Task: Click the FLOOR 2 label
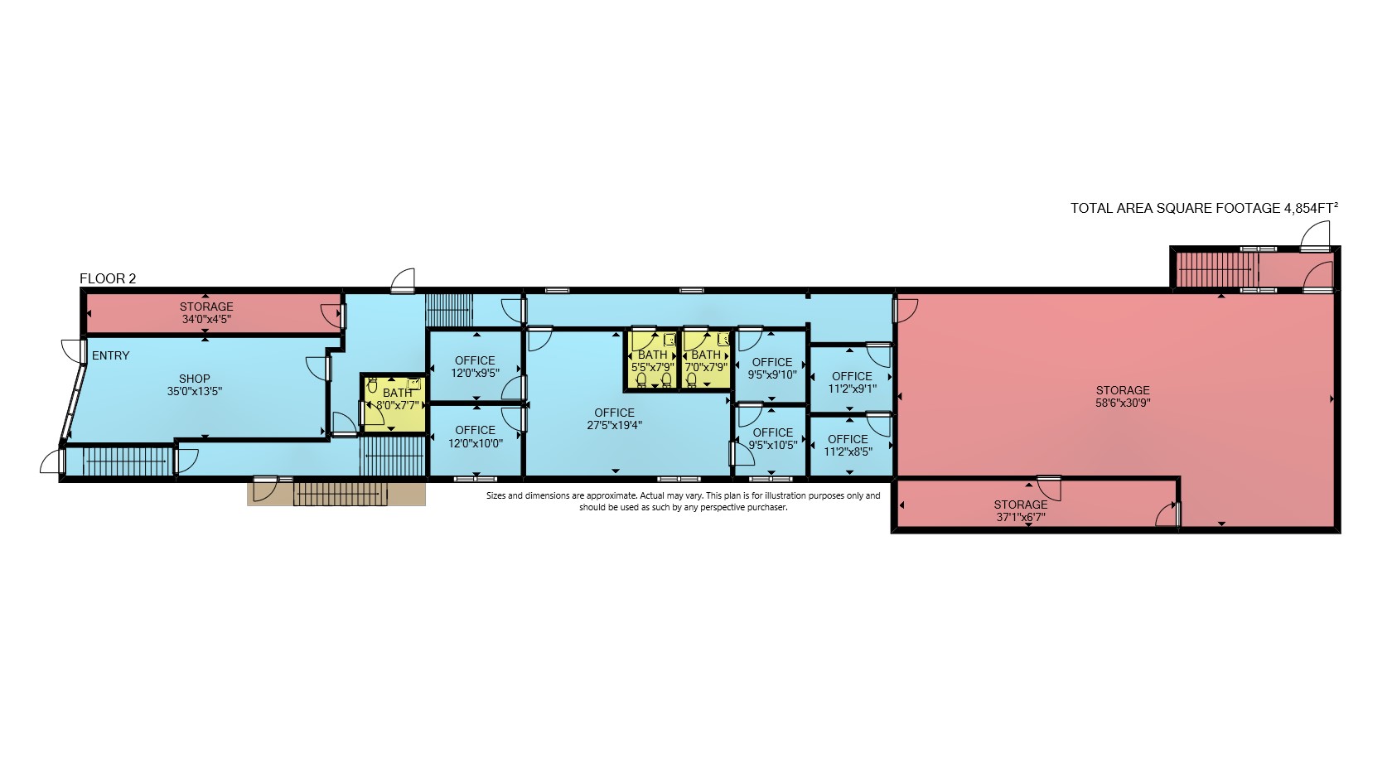(x=108, y=278)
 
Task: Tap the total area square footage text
(x=1204, y=208)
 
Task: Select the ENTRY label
(x=111, y=355)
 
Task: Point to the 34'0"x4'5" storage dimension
(x=206, y=320)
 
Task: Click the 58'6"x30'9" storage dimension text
(x=1122, y=403)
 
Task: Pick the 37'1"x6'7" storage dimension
(x=1021, y=517)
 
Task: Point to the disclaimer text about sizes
(x=683, y=501)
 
